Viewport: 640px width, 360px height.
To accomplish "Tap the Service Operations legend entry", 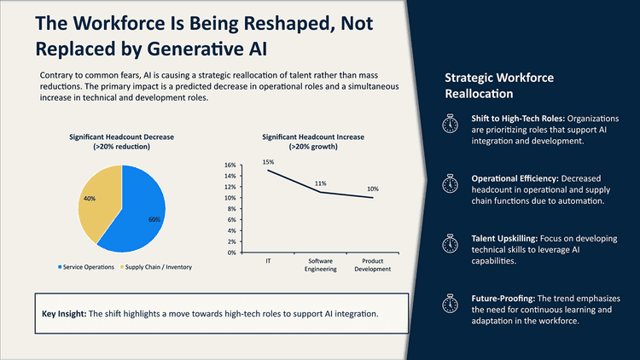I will (89, 267).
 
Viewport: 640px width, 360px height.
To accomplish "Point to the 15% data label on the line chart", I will (268, 162).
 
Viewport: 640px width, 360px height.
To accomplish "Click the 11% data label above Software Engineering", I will (320, 183).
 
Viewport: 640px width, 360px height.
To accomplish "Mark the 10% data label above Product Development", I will (372, 189).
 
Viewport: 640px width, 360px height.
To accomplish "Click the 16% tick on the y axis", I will (230, 165).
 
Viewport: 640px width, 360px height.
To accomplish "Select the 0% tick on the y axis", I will (232, 253).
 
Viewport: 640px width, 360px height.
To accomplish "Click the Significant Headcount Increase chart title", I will (314, 142).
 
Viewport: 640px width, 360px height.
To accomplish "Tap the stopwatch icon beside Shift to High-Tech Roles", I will (449, 125).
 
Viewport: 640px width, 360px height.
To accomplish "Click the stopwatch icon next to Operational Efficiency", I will (449, 184).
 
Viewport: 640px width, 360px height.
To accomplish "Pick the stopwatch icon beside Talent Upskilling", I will (449, 244).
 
